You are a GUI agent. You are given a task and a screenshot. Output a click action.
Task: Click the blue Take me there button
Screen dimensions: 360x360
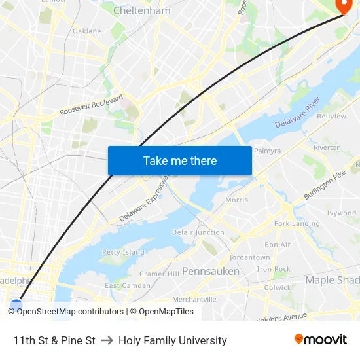click(180, 160)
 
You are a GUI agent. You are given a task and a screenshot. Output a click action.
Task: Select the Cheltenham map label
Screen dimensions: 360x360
click(142, 10)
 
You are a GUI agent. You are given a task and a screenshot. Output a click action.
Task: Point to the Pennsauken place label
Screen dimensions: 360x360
click(210, 271)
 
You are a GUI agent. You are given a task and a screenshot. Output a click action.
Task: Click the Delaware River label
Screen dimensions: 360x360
click(297, 112)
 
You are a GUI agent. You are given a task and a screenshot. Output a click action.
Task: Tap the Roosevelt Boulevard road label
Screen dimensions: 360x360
click(92, 105)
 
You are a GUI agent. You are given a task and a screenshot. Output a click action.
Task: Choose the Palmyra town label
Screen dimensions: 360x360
click(267, 151)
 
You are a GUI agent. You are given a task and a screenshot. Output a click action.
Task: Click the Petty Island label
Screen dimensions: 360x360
click(123, 252)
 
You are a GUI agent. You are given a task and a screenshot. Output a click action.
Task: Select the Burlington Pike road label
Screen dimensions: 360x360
click(324, 185)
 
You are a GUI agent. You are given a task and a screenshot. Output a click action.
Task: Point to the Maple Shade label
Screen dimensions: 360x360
click(332, 280)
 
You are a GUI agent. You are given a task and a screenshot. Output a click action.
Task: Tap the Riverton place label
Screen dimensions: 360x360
click(327, 147)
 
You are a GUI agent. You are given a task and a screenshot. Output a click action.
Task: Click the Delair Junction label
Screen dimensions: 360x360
click(198, 232)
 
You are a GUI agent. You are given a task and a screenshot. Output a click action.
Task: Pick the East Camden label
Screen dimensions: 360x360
click(128, 286)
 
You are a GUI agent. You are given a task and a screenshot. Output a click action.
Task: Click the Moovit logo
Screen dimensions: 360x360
click(320, 340)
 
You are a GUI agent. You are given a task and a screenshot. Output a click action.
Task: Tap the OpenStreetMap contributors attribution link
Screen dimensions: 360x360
click(70, 312)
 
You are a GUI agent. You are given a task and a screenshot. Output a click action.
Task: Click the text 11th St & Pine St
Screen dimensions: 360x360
click(54, 340)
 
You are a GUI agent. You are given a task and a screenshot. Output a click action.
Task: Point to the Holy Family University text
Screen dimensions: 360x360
click(173, 340)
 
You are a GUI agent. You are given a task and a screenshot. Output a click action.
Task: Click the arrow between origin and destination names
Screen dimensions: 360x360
click(107, 340)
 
